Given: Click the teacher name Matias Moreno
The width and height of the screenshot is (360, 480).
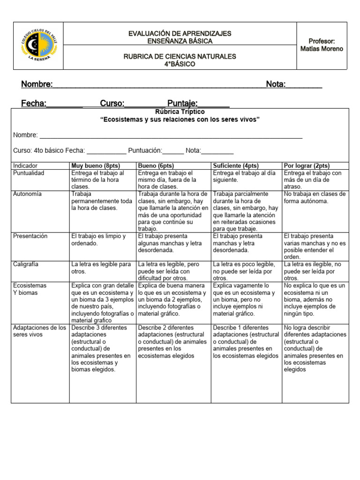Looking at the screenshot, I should click(321, 49).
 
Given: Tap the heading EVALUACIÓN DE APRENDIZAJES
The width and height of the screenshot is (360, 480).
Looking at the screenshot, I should click(180, 34).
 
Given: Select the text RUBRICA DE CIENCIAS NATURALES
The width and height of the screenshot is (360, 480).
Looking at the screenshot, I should click(180, 56).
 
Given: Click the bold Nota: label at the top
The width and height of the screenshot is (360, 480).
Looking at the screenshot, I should click(276, 84).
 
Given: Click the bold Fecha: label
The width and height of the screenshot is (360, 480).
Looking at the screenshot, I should click(34, 103).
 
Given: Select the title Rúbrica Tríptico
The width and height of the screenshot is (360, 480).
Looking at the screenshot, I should click(180, 112).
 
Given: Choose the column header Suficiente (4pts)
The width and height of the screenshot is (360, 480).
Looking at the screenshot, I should click(236, 165).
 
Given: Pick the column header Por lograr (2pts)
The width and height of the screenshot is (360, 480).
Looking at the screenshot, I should click(307, 165).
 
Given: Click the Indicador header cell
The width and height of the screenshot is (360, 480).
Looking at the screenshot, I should click(25, 165).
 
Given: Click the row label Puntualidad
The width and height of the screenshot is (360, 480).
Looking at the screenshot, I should click(29, 173).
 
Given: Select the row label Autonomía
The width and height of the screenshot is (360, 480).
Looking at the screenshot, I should click(27, 194).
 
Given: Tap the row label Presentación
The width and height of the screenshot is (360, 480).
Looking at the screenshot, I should click(30, 236).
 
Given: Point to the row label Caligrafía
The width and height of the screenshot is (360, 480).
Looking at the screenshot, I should click(26, 264).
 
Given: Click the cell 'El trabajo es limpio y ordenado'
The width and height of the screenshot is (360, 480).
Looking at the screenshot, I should click(98, 240).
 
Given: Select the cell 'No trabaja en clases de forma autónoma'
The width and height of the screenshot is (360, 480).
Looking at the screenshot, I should click(315, 197).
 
